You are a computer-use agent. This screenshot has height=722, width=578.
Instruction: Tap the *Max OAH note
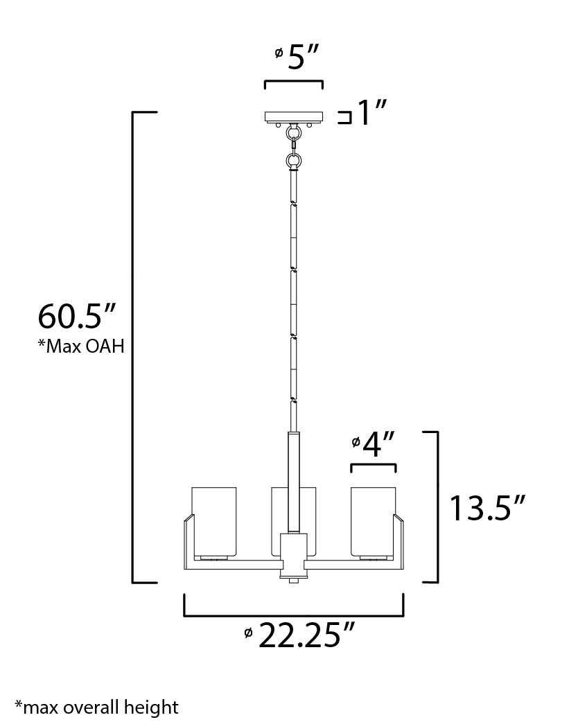pyautogui.click(x=80, y=346)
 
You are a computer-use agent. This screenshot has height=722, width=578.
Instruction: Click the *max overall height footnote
pyautogui.click(x=96, y=707)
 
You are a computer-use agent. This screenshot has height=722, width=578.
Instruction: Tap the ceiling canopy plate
pyautogui.click(x=293, y=116)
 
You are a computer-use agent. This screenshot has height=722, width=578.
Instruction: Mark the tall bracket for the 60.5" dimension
pyautogui.click(x=134, y=346)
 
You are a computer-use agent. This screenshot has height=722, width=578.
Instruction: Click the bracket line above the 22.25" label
pyautogui.click(x=293, y=615)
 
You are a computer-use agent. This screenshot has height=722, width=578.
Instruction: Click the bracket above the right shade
pyautogui.click(x=374, y=466)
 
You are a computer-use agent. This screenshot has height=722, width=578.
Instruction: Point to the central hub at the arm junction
pyautogui.click(x=293, y=554)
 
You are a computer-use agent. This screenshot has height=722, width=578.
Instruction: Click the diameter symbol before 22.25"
pyautogui.click(x=248, y=632)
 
